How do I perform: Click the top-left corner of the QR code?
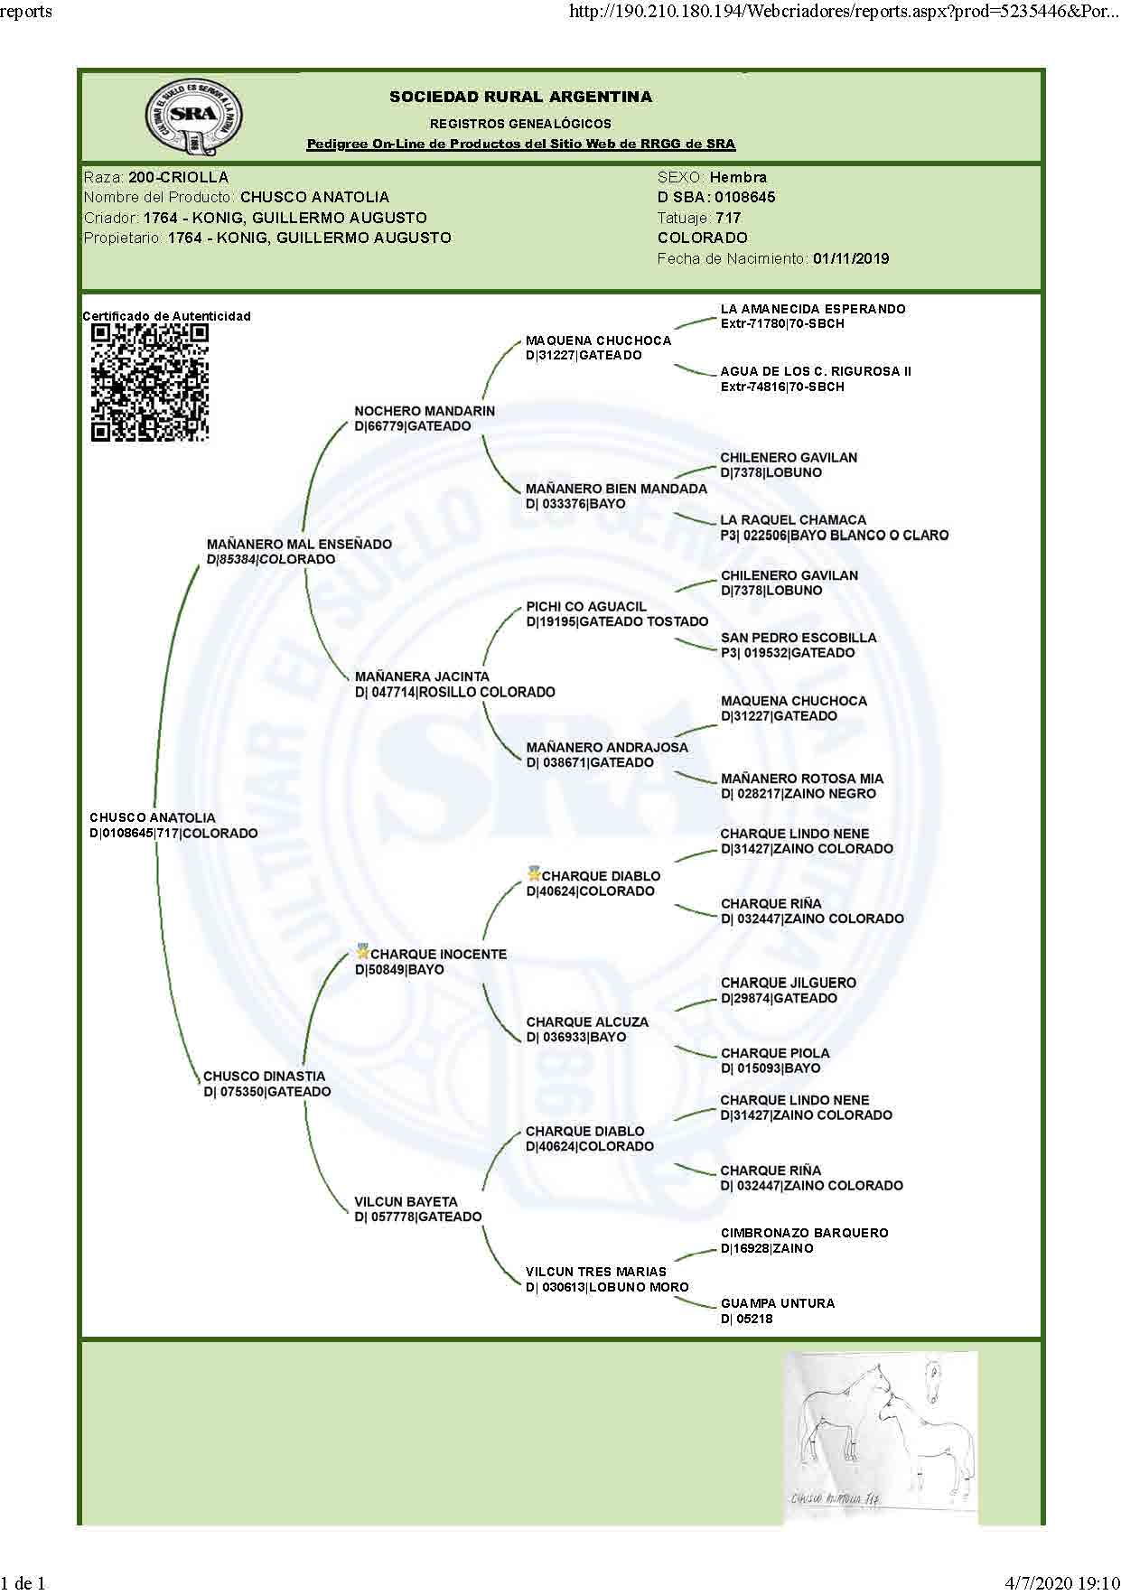click(x=91, y=325)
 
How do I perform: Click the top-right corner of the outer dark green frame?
click(x=1045, y=69)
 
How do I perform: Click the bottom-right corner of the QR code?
click(x=209, y=442)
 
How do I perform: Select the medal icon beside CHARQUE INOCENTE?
click(x=363, y=951)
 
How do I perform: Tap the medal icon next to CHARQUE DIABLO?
click(x=535, y=873)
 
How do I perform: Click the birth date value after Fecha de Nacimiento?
click(x=851, y=258)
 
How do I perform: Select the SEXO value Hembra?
click(x=738, y=177)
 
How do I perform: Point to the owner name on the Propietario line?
click(x=309, y=238)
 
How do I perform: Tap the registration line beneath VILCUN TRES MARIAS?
click(x=607, y=1287)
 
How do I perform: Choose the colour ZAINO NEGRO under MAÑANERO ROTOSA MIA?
click(x=830, y=794)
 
